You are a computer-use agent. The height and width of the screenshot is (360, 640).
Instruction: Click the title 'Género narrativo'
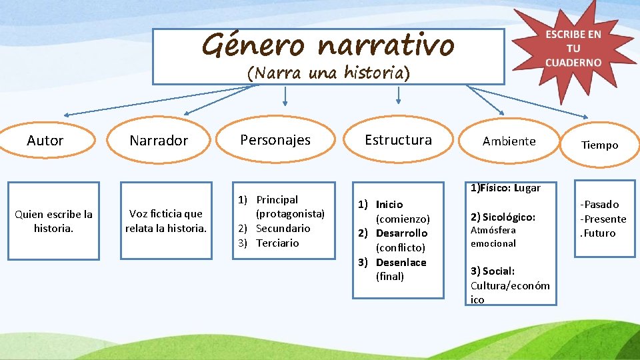[328, 45]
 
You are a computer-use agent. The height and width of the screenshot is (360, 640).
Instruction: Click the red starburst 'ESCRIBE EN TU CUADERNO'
[573, 49]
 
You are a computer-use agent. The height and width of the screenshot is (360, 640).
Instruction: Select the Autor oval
[45, 141]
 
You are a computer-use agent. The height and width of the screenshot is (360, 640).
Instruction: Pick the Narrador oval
[159, 141]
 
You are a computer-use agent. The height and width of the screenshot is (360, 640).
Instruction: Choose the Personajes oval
[275, 139]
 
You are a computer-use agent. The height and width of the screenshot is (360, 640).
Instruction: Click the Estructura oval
[398, 140]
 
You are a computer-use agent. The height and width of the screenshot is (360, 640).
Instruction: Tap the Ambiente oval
[509, 141]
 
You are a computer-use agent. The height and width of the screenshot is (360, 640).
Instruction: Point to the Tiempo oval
[599, 145]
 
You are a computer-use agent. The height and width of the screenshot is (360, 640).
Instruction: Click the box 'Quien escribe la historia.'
[53, 221]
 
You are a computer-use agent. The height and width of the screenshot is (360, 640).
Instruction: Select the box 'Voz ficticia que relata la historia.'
[166, 221]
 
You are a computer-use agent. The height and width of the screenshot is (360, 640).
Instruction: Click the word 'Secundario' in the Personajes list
[283, 228]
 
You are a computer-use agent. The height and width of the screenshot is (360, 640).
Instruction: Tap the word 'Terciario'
[277, 243]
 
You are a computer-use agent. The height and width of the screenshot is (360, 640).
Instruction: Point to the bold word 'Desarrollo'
[401, 233]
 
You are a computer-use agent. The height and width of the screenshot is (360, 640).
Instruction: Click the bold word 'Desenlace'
[401, 262]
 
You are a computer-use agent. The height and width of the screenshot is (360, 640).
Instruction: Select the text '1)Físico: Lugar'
[505, 188]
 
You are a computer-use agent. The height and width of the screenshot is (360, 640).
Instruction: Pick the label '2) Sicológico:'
[503, 217]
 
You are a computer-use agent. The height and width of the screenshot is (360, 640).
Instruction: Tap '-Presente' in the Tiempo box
[603, 219]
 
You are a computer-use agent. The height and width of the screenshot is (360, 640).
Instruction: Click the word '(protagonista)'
[290, 213]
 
